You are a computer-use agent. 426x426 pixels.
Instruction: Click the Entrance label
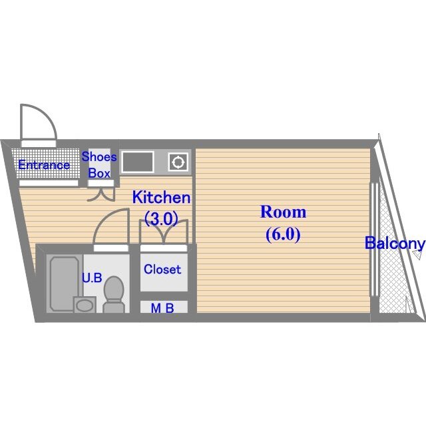(44, 165)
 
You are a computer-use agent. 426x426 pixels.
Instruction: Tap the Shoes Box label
(99, 165)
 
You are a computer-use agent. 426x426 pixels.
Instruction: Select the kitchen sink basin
(138, 162)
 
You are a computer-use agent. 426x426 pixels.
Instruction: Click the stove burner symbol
(178, 162)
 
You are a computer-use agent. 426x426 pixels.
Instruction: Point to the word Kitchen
(161, 198)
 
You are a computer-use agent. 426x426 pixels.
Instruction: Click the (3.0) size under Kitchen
(161, 218)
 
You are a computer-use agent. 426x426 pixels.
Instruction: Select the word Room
(283, 212)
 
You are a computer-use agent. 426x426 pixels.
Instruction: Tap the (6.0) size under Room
(283, 234)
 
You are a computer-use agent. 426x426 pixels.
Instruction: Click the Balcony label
(395, 244)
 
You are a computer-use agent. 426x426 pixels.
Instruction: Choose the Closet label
(162, 269)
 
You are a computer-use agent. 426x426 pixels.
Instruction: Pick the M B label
(162, 308)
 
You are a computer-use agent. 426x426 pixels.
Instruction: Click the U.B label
(92, 278)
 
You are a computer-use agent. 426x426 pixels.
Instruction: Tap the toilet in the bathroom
(114, 295)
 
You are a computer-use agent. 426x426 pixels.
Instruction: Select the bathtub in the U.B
(65, 284)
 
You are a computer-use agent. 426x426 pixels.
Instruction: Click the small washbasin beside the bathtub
(85, 305)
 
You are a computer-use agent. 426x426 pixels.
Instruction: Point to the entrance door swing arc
(47, 114)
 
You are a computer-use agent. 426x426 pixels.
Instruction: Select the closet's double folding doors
(164, 232)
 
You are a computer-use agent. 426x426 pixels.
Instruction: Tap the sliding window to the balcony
(374, 240)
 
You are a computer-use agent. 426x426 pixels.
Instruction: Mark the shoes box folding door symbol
(101, 194)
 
